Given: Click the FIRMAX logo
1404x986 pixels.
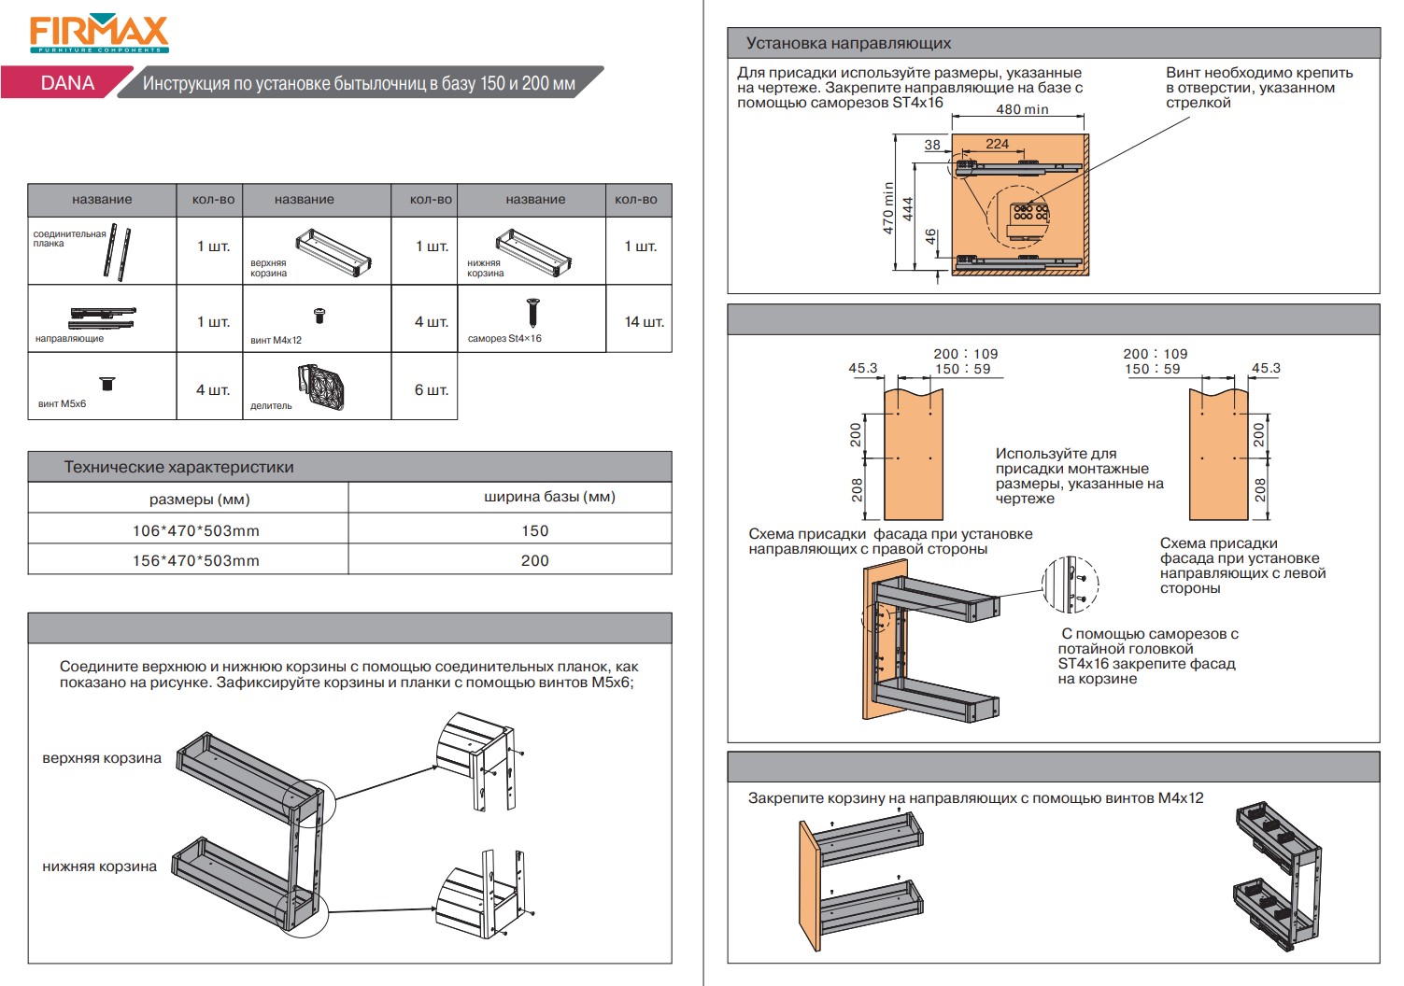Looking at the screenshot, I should click(x=98, y=35).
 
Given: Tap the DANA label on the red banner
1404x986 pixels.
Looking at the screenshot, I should click(x=67, y=83).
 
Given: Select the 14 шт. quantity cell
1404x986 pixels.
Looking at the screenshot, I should click(x=644, y=322).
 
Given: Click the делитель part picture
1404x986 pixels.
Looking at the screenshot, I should click(x=321, y=387).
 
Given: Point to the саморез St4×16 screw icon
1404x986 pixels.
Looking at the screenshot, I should click(x=532, y=312).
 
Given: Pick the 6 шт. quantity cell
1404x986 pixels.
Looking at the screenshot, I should click(x=431, y=389).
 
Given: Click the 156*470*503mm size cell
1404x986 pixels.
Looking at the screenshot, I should click(x=195, y=560).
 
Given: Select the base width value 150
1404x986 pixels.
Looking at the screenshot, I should click(x=534, y=530).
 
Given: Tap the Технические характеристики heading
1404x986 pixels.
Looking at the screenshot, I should click(x=178, y=467).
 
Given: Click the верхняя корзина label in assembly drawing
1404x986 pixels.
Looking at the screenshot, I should click(x=102, y=758).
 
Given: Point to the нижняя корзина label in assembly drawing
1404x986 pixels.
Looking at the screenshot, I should click(x=99, y=866).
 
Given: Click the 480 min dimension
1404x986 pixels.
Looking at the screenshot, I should click(x=1022, y=109).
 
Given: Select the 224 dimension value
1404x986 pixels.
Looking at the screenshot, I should click(x=997, y=144).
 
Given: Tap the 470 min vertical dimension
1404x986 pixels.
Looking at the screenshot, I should click(x=888, y=207).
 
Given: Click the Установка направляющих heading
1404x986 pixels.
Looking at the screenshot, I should click(x=848, y=43).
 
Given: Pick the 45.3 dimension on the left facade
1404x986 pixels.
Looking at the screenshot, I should click(x=862, y=368).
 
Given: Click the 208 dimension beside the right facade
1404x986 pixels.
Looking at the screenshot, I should click(x=1259, y=489).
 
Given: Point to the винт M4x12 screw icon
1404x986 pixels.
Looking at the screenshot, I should click(x=319, y=316).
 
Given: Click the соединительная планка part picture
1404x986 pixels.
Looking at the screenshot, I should click(x=118, y=250).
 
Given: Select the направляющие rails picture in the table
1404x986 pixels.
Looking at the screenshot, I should click(x=103, y=317).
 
